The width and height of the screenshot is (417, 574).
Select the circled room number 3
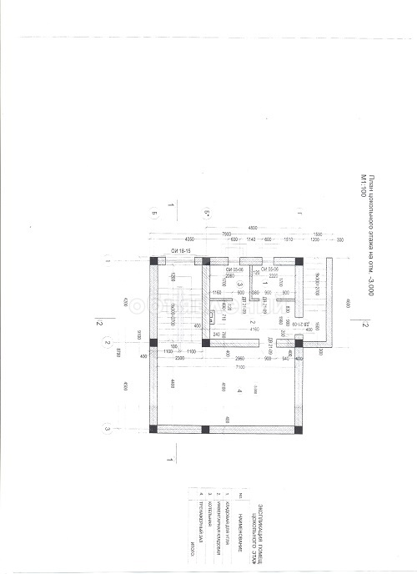tap(215, 284)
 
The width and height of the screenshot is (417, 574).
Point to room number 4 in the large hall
tap(239, 390)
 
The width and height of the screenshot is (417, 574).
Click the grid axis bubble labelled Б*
tap(206, 214)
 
